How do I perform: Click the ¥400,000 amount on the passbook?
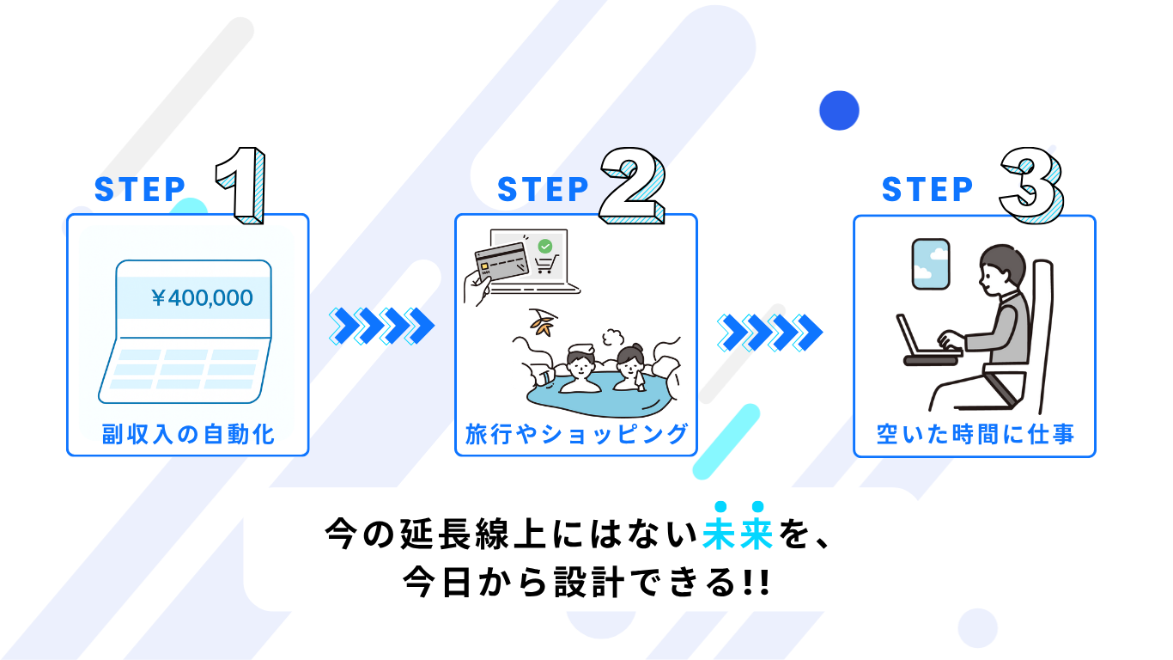coord(203,297)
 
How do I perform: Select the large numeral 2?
coord(633,186)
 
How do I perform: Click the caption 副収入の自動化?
coord(188,434)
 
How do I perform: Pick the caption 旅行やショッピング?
coord(576,434)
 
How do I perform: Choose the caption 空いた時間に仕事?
coord(975,434)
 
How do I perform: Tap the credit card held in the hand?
coord(501,260)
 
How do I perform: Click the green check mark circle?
coord(545,246)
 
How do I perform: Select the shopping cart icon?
coord(546,264)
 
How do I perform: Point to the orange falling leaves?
coord(542,322)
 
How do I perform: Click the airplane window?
coord(931,264)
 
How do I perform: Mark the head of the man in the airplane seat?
coord(1000,271)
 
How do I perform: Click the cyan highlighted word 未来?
coord(738,534)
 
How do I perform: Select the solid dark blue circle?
coord(839,110)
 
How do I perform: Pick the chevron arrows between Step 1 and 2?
coord(381,326)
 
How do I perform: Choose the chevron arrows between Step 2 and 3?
coord(769,333)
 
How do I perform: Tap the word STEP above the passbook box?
coord(140,189)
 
